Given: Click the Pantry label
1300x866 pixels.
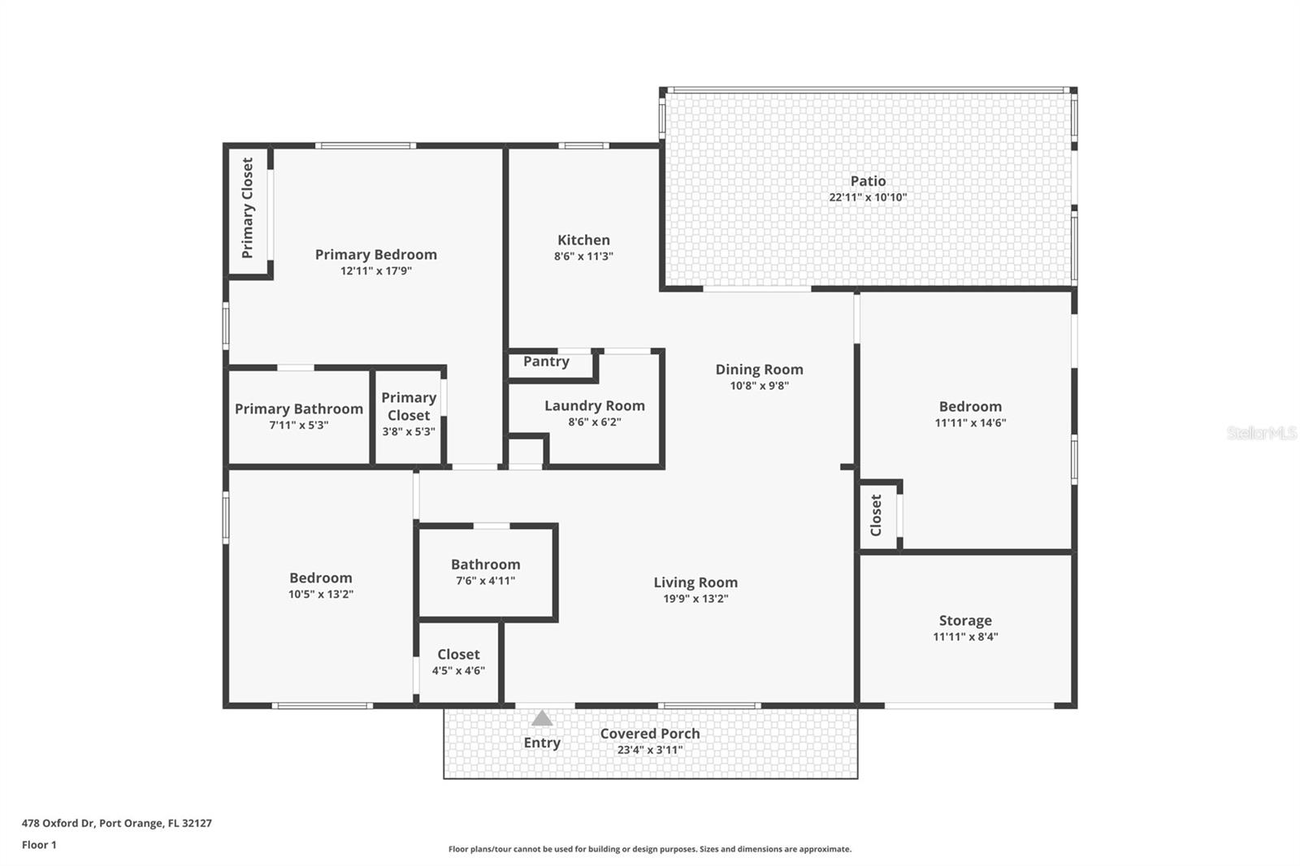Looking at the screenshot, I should tap(546, 362).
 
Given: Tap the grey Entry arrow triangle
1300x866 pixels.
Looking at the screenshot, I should tap(542, 718).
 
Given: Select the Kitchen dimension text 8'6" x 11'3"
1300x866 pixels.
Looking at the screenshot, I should tap(583, 256).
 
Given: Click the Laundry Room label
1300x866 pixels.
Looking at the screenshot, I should tap(595, 405).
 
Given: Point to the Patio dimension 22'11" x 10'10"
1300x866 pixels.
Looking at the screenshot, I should tap(868, 197).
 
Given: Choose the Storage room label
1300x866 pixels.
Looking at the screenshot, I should tap(965, 621).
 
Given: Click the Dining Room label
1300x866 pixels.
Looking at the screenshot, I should tap(759, 370).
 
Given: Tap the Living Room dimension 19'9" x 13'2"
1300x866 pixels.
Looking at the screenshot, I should tap(695, 599).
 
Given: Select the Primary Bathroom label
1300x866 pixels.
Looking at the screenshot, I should tap(299, 409).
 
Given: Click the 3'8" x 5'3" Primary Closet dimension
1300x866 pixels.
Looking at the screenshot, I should tap(409, 431).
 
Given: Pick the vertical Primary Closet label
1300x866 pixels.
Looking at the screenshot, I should tap(248, 208).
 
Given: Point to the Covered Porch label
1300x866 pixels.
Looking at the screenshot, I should tap(650, 734).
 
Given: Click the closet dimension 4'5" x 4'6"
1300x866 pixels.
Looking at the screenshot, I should tap(458, 670).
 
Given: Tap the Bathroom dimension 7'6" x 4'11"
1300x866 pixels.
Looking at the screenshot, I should tap(485, 581).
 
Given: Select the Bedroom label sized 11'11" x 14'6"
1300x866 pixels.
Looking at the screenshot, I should tap(970, 406).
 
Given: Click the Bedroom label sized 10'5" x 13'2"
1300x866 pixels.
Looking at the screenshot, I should tap(321, 578).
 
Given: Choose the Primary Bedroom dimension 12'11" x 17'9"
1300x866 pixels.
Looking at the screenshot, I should tap(376, 271).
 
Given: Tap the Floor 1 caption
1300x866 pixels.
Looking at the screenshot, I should tap(39, 845).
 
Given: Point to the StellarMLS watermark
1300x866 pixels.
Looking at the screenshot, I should tap(1262, 433).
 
